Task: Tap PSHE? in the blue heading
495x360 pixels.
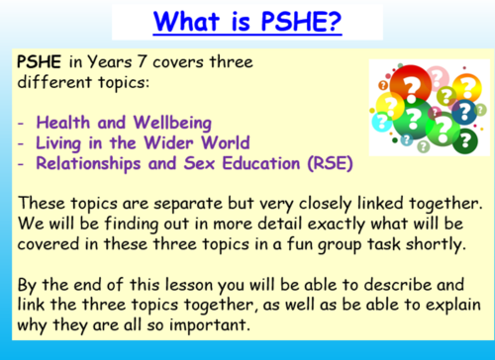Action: click(x=287, y=21)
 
